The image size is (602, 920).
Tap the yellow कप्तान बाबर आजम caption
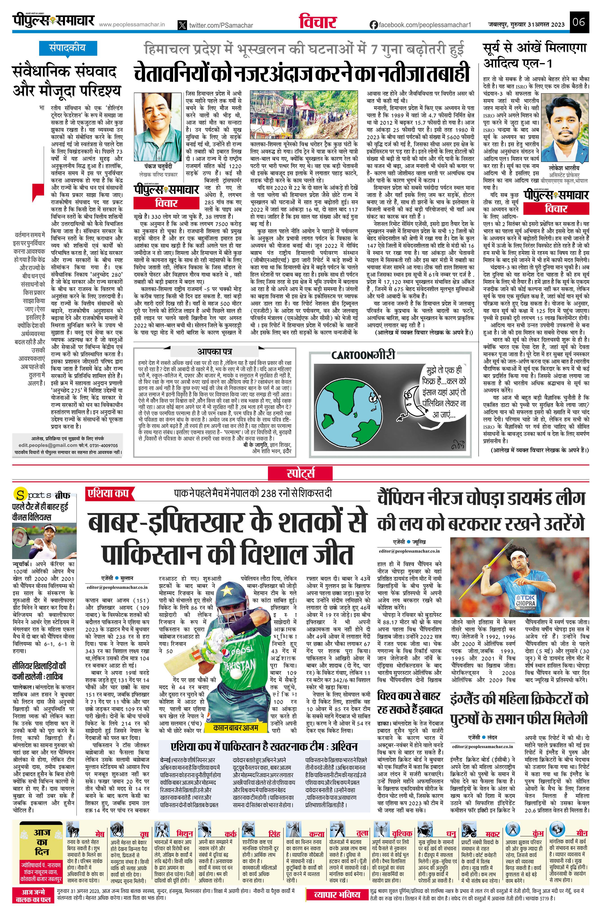point(235,727)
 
